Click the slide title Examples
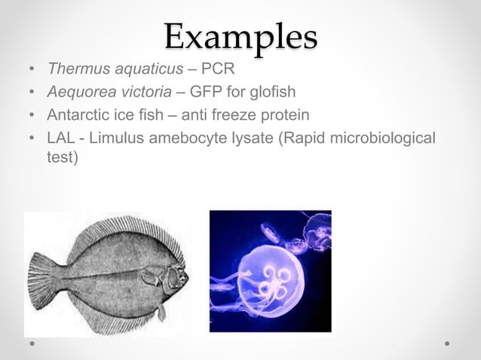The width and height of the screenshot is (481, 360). (240, 36)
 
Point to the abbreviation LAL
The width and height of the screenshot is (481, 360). (60, 139)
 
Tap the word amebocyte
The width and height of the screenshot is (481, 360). (183, 139)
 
